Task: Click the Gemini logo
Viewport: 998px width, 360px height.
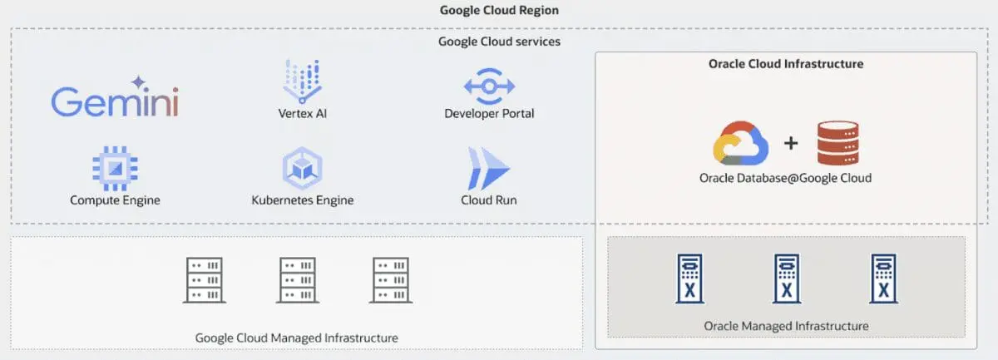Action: [x=115, y=100]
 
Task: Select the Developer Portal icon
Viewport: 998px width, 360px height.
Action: [x=489, y=86]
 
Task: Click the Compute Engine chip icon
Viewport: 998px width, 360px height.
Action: [x=115, y=169]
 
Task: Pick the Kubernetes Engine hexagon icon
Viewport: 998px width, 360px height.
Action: [x=302, y=169]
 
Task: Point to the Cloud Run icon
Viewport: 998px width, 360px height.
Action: [x=487, y=169]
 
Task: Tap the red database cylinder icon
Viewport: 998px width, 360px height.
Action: [x=837, y=143]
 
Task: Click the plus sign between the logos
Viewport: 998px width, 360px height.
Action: [x=790, y=143]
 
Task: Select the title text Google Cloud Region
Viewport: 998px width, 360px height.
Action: [x=499, y=11]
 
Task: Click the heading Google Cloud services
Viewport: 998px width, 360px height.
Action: [x=499, y=41]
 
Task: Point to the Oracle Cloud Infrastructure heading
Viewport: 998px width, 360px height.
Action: [x=785, y=63]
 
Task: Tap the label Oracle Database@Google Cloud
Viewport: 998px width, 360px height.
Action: [x=785, y=178]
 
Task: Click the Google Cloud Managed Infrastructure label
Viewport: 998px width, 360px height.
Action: [x=296, y=338]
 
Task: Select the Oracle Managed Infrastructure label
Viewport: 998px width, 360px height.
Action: [x=785, y=325]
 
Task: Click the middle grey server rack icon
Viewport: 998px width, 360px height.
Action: [x=296, y=279]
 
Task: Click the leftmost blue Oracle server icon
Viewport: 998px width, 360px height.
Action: [x=689, y=278]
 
